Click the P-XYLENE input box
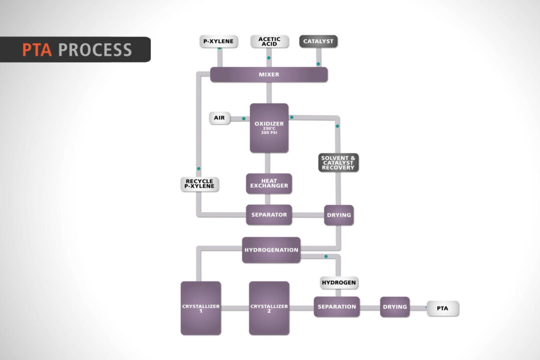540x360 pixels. [x=218, y=41]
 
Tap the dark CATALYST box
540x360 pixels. [x=318, y=41]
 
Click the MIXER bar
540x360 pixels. [x=269, y=75]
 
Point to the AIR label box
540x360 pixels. [x=219, y=118]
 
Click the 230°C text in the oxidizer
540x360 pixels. [x=269, y=129]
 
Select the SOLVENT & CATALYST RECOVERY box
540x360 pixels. [x=338, y=163]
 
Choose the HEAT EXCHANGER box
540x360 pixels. [x=269, y=184]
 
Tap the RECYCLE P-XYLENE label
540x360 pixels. [x=199, y=184]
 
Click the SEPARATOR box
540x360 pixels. [x=269, y=215]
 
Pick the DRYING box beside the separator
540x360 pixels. [x=339, y=215]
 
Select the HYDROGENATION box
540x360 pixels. [x=271, y=249]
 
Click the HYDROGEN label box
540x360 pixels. [x=339, y=283]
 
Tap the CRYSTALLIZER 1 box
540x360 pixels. [x=201, y=308]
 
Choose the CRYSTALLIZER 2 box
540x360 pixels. [x=269, y=308]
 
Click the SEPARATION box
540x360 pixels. [x=337, y=306]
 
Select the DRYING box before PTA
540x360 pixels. [x=395, y=306]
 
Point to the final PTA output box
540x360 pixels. [x=442, y=308]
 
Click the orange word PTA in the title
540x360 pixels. [x=37, y=50]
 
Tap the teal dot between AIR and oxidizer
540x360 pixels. [x=243, y=118]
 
